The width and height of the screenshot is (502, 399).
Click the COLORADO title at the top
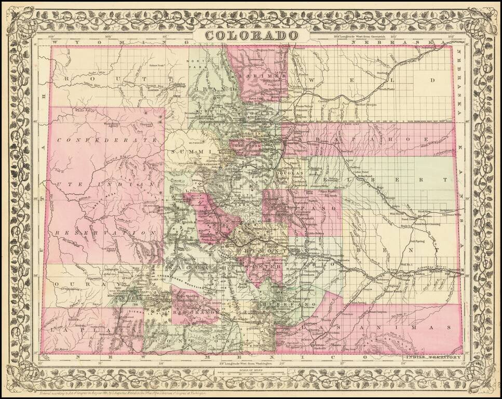(252, 35)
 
